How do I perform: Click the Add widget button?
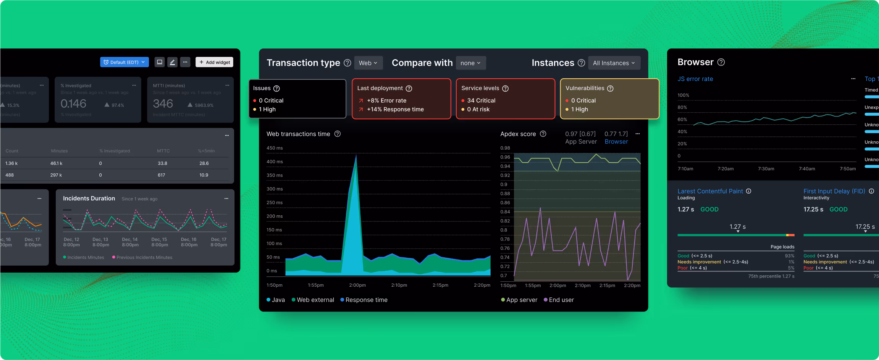click(214, 62)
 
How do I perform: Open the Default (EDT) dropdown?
click(124, 62)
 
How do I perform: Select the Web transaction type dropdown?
click(368, 63)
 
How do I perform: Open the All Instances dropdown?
click(614, 63)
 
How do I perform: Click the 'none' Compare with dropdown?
click(470, 63)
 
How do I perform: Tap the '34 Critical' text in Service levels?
click(481, 100)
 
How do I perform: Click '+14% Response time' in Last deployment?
click(395, 109)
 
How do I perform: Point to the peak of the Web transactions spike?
click(356, 156)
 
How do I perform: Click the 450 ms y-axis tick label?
click(275, 148)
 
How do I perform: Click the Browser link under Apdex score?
click(616, 142)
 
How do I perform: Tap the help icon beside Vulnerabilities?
click(610, 89)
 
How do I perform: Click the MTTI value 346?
click(163, 104)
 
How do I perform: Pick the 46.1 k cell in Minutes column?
click(56, 163)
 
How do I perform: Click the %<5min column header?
click(206, 151)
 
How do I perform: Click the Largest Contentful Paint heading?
click(710, 191)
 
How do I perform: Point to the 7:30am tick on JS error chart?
click(766, 169)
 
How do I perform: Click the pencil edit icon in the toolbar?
click(172, 62)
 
